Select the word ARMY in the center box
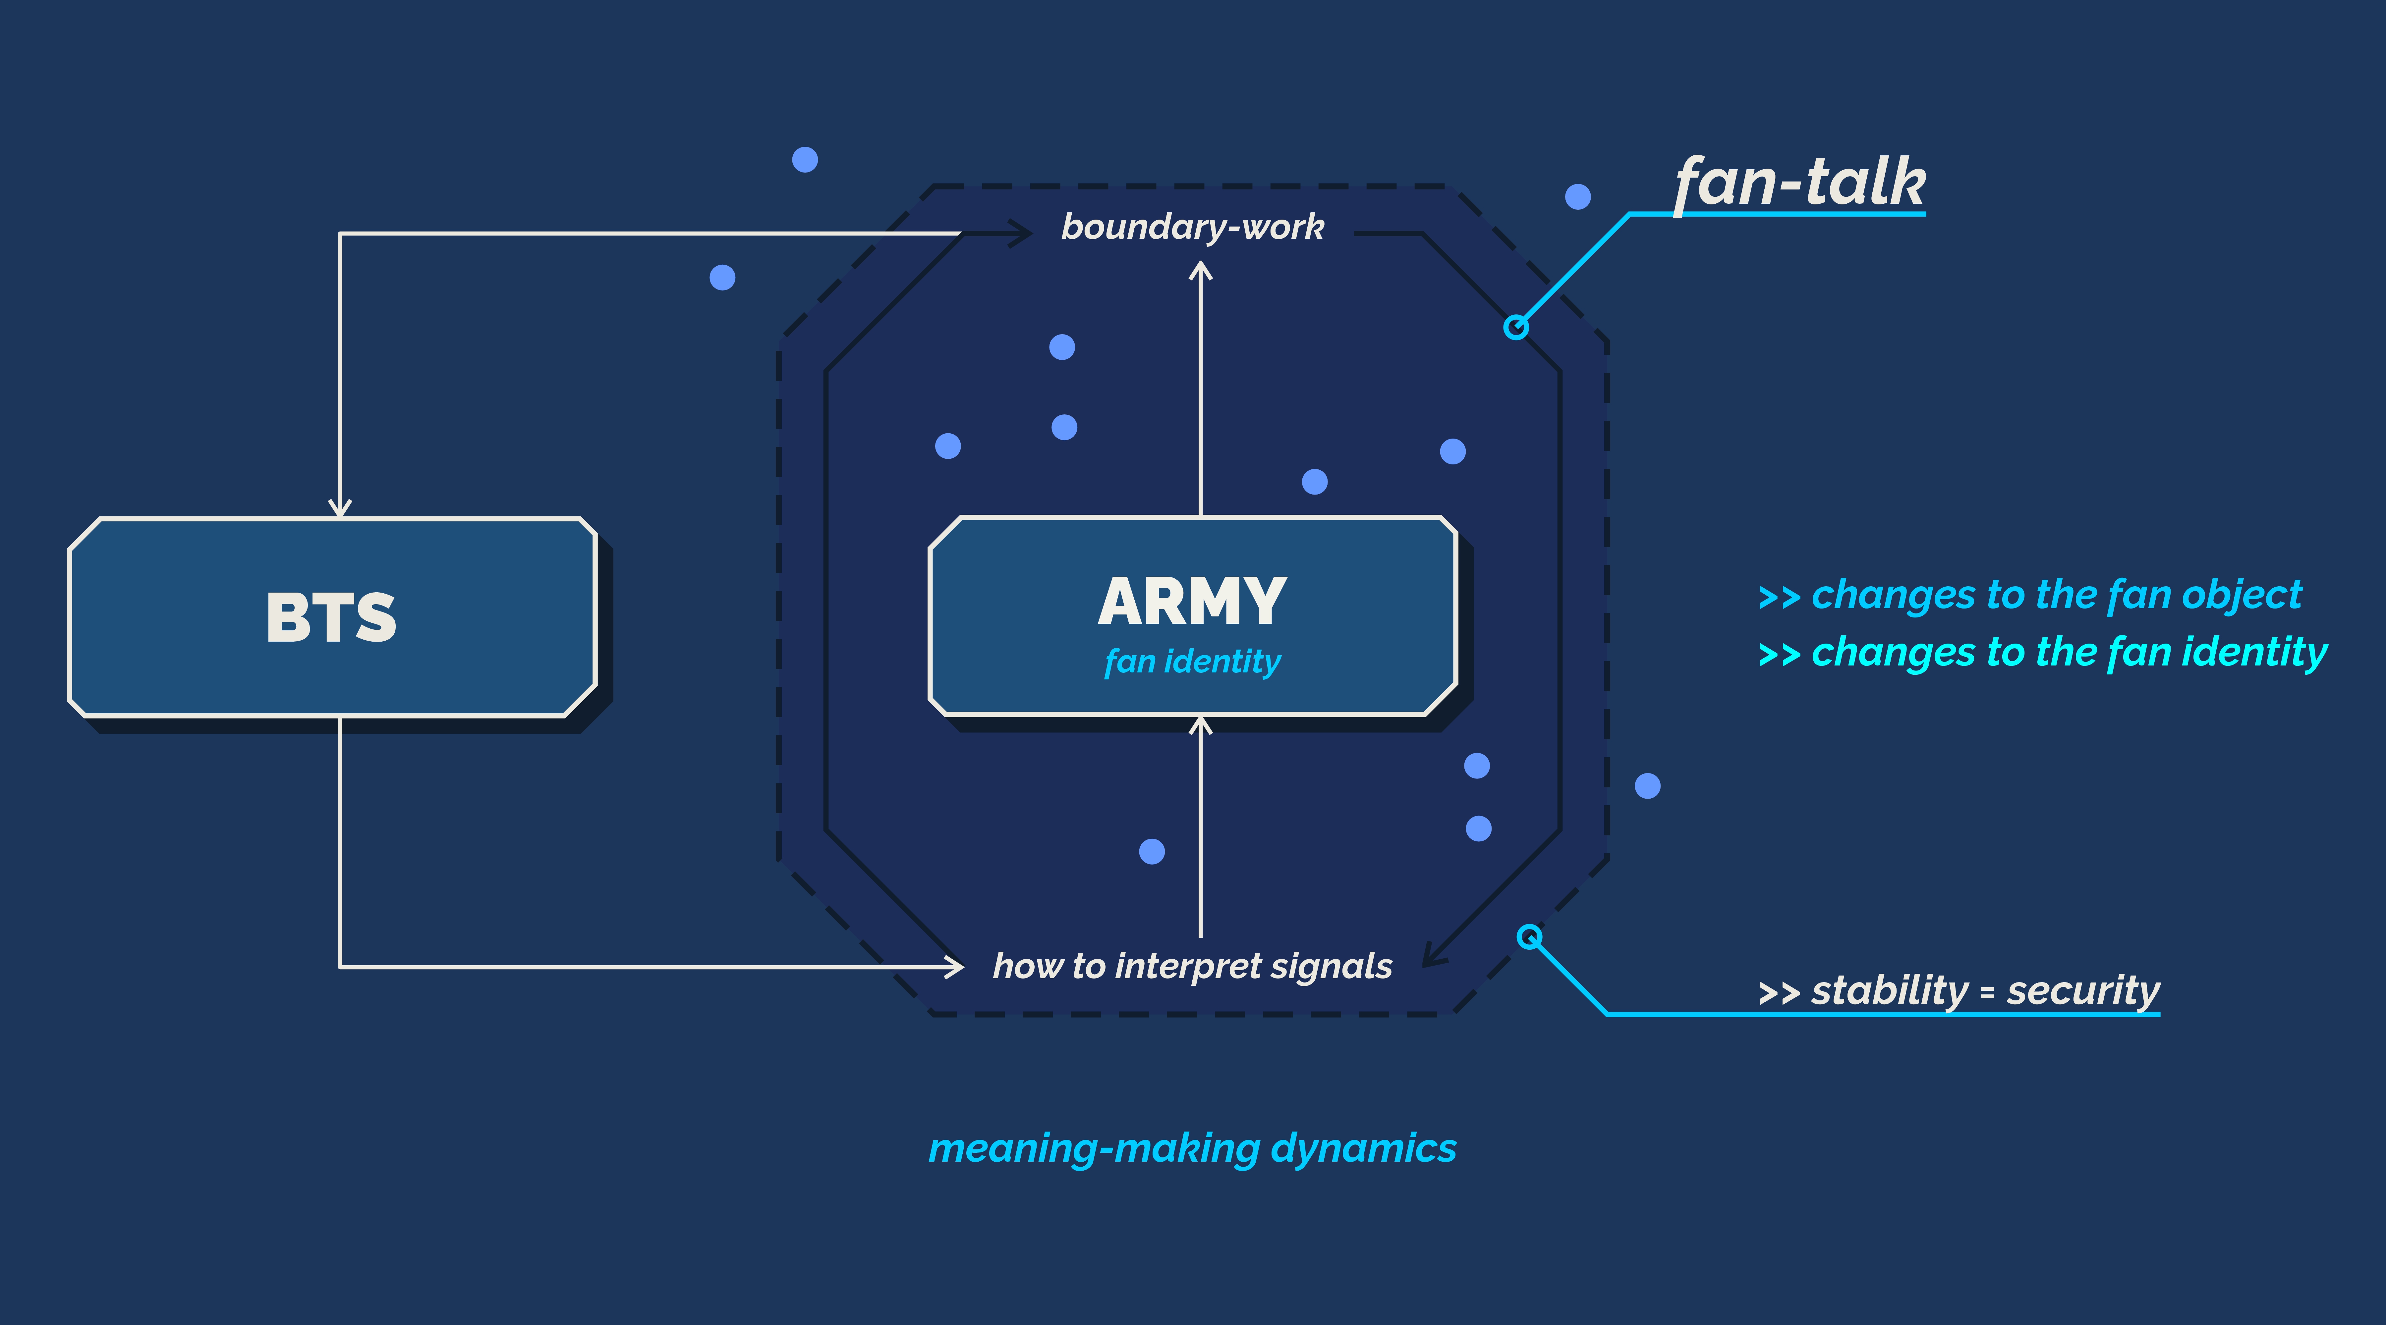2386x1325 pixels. [x=1192, y=602]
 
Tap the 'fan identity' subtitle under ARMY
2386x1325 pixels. [x=1192, y=661]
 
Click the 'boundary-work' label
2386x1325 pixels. [x=1192, y=227]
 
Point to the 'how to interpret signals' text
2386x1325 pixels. [x=1192, y=966]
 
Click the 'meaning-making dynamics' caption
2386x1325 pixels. [x=1192, y=1148]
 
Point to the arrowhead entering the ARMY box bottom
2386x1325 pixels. [x=1200, y=724]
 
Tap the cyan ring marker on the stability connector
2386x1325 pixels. [x=1529, y=937]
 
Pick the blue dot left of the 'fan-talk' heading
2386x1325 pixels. [x=1577, y=196]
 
